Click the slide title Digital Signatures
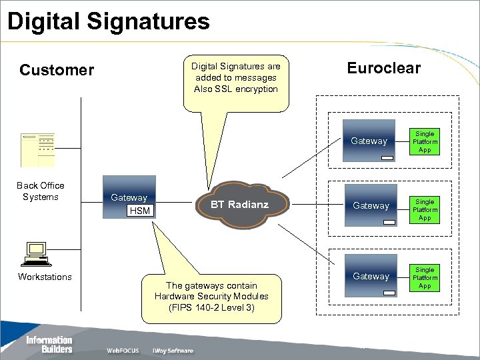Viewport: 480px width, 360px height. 108,21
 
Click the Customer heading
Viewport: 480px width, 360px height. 57,70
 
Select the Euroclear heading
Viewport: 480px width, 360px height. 383,68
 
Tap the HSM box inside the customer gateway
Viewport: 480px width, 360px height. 139,211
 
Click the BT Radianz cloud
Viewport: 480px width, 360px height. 239,205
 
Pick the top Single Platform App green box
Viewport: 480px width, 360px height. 425,141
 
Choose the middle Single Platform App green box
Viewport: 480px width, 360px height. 425,209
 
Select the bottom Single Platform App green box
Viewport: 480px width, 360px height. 425,277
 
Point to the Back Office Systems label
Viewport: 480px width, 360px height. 40,191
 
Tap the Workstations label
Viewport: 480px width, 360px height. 45,277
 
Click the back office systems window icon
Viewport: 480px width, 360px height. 37,149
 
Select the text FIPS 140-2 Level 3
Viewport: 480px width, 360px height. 211,307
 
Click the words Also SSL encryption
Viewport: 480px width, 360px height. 236,89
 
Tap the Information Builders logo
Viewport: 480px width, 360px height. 49,344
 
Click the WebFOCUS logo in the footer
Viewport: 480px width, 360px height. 123,351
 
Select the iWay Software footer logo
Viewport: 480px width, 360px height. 173,351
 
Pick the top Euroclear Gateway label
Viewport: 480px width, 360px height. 369,141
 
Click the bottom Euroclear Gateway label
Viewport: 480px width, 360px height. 371,276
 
